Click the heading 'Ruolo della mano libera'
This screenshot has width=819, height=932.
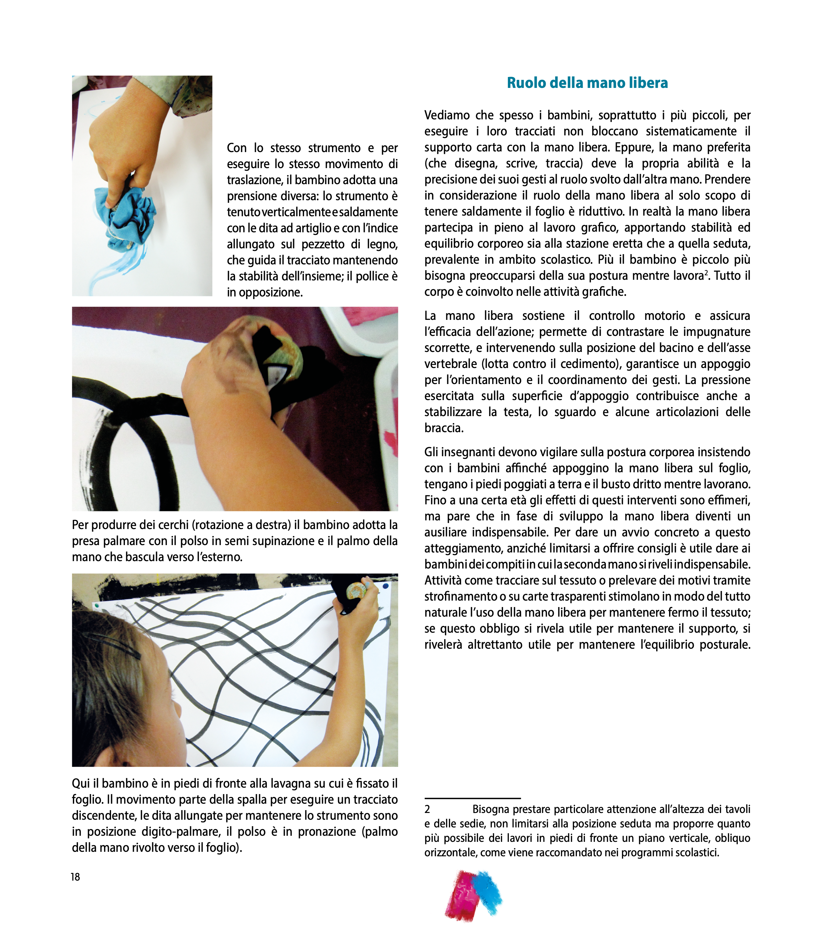pos(587,83)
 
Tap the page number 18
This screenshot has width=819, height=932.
pos(75,877)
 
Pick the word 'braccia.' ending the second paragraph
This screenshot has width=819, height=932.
pos(443,428)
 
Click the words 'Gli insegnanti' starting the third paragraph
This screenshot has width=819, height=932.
pos(459,452)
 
